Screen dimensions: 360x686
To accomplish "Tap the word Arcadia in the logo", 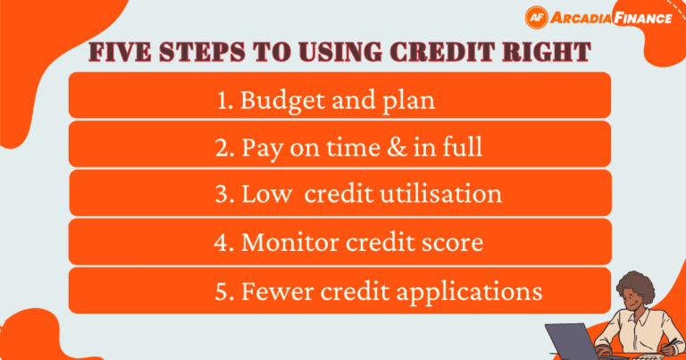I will point(583,18).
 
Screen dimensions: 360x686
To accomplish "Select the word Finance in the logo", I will point(644,18).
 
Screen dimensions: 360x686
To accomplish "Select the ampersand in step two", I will point(395,147).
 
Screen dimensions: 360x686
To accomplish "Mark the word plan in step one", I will point(413,100).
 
